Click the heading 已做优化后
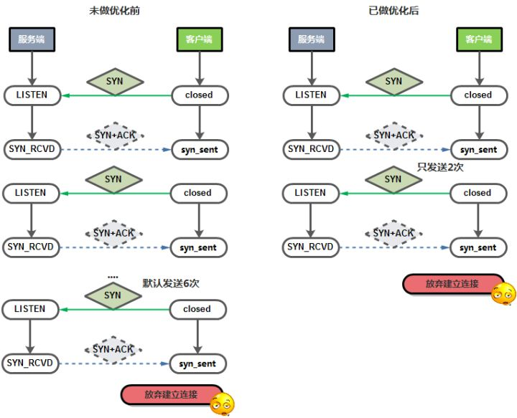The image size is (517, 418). pyautogui.click(x=393, y=12)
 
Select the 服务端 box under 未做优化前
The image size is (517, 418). pyautogui.click(x=32, y=40)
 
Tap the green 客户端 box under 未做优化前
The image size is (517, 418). pyautogui.click(x=197, y=40)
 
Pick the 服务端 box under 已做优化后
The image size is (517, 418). pyautogui.click(x=311, y=40)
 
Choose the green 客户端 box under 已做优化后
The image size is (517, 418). pyautogui.click(x=478, y=40)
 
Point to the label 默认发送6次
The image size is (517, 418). pyautogui.click(x=171, y=283)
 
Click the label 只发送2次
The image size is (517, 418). pyautogui.click(x=438, y=167)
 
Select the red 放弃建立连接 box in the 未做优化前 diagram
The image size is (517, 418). pyautogui.click(x=170, y=394)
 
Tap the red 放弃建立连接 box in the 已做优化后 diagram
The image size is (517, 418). pyautogui.click(x=452, y=284)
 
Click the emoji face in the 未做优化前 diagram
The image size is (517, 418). pyautogui.click(x=222, y=404)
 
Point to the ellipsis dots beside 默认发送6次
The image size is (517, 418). pyautogui.click(x=113, y=276)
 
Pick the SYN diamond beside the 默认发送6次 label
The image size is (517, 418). pyautogui.click(x=113, y=295)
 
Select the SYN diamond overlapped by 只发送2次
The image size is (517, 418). pyautogui.click(x=393, y=179)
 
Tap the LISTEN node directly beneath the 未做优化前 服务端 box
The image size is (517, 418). pyautogui.click(x=32, y=95)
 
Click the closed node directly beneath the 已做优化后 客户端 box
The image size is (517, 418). pyautogui.click(x=478, y=95)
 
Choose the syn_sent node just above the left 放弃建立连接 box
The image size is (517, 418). pyautogui.click(x=197, y=364)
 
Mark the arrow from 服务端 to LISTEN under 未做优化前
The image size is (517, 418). pyautogui.click(x=32, y=69)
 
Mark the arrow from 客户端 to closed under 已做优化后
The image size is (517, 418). pyautogui.click(x=478, y=69)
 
